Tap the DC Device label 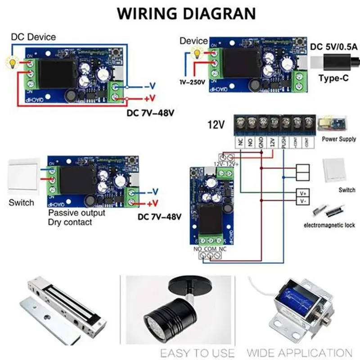(33, 36)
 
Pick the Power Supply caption (339, 139)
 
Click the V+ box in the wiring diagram (303, 193)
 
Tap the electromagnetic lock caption (329, 225)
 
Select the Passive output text (76, 212)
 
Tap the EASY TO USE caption (197, 352)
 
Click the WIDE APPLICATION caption (300, 352)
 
